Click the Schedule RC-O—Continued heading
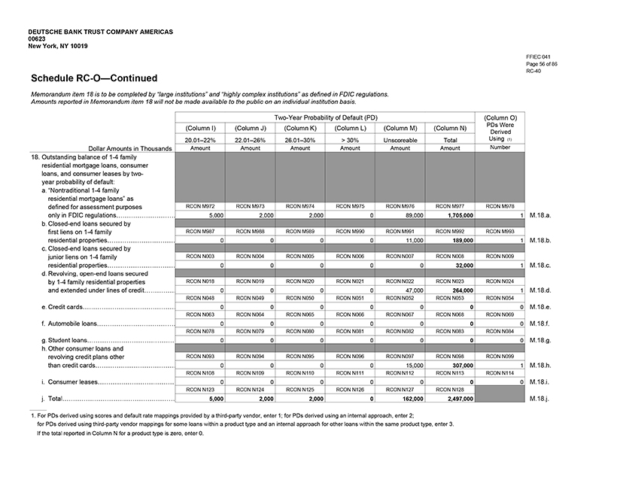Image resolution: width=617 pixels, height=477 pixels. (x=94, y=78)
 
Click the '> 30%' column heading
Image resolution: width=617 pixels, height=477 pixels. (x=350, y=139)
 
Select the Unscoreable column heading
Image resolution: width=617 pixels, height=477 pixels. (x=400, y=139)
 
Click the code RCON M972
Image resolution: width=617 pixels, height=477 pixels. (x=199, y=205)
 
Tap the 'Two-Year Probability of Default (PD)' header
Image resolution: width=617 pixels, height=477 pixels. (x=324, y=117)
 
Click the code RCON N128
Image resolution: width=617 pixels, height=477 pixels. (x=450, y=388)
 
